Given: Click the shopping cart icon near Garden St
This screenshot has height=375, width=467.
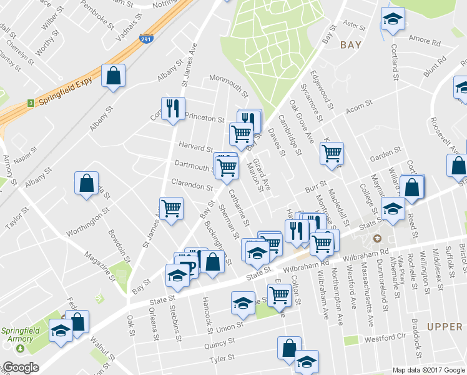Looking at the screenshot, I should (332, 153).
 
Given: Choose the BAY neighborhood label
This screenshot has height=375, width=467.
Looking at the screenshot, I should (351, 45).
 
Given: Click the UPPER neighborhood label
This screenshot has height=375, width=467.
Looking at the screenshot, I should (445, 327).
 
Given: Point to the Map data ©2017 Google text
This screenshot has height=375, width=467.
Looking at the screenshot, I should (429, 370).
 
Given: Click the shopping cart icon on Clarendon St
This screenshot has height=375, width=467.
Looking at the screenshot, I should (170, 209).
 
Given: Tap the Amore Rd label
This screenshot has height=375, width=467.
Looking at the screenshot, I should (425, 41).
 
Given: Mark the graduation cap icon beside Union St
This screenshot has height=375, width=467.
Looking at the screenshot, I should (243, 303).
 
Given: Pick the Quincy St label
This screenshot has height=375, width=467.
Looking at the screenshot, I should (222, 342).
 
